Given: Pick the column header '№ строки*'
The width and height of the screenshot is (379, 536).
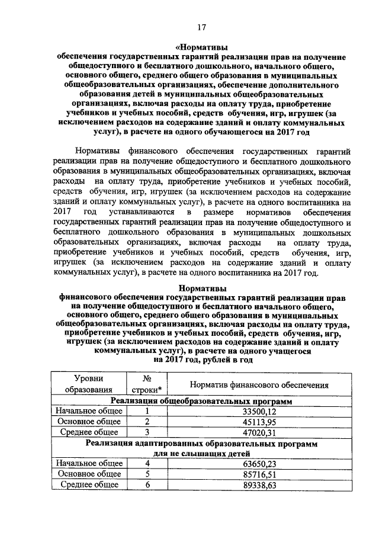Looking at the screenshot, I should [144, 383].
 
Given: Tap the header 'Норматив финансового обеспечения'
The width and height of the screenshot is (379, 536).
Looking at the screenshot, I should [259, 384].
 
